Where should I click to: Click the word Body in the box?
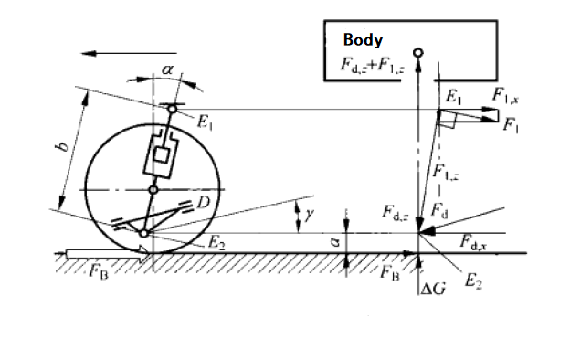coord(363,39)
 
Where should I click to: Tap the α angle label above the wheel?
coord(167,69)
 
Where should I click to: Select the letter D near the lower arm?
coord(204,202)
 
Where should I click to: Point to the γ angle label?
coord(309,215)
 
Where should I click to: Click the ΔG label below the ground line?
coord(433,289)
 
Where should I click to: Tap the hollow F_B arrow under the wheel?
coord(108,253)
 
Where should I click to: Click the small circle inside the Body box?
coord(418,53)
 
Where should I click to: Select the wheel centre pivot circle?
coord(153,190)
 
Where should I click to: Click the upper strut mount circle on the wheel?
coord(173,109)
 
